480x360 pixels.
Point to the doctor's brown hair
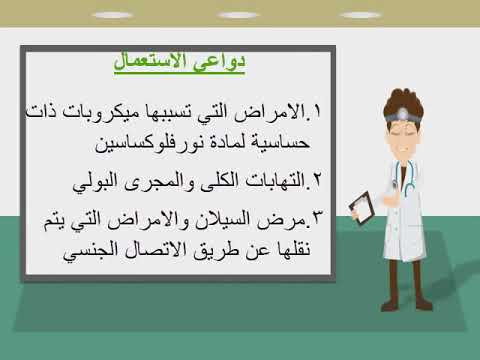pos(421,95)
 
